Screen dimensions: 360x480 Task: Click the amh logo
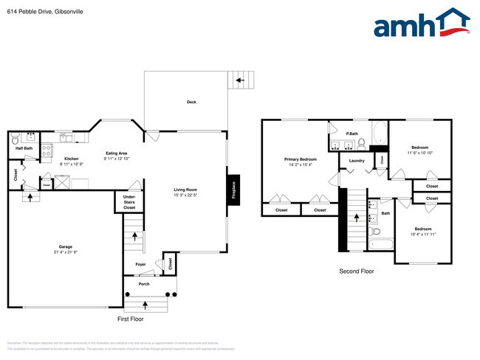coord(422,24)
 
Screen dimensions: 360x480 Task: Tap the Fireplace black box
coord(233,191)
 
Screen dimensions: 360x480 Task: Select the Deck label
coord(191,102)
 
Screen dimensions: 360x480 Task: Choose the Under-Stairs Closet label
coord(129,202)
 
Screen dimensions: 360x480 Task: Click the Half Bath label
coord(24,148)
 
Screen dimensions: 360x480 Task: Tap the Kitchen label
coord(71,158)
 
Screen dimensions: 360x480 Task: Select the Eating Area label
coord(117,153)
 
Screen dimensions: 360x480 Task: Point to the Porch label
coord(143,283)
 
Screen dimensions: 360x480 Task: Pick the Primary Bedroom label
coord(301,159)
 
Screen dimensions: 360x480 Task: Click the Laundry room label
coord(357,159)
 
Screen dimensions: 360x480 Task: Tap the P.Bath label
coord(352,134)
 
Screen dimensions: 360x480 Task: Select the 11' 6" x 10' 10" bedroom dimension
coord(419,153)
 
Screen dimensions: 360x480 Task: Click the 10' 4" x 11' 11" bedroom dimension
coord(423,235)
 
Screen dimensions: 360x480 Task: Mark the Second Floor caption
coord(356,271)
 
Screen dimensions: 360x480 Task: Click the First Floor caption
coord(131,319)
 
